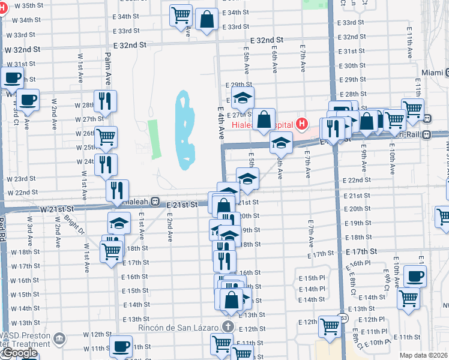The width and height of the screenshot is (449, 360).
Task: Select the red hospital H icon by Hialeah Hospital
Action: (x=302, y=125)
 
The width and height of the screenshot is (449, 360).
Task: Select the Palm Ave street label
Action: (x=108, y=67)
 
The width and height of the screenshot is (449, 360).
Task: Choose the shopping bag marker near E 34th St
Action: (x=206, y=19)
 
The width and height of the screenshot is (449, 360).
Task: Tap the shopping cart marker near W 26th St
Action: (x=106, y=137)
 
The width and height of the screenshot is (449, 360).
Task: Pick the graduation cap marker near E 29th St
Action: (x=243, y=98)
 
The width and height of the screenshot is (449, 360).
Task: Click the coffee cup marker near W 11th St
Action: (x=121, y=346)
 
